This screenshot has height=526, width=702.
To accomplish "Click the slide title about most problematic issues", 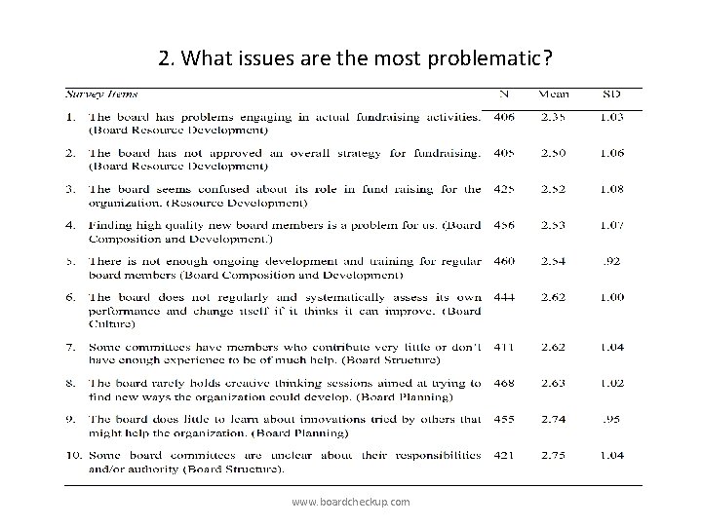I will click(356, 57).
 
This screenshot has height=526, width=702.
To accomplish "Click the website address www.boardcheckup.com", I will click(351, 501).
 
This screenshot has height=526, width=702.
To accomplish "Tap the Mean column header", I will click(554, 94).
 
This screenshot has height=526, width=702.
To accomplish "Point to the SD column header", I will click(610, 94).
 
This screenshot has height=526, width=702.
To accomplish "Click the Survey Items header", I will click(101, 94).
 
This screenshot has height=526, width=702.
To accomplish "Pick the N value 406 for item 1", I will click(503, 117).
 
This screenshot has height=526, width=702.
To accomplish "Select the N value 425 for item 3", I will click(503, 189).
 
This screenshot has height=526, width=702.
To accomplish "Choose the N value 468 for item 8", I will click(503, 383).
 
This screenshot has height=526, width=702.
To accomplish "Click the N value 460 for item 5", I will click(503, 261).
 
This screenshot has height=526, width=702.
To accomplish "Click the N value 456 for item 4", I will click(503, 225).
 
